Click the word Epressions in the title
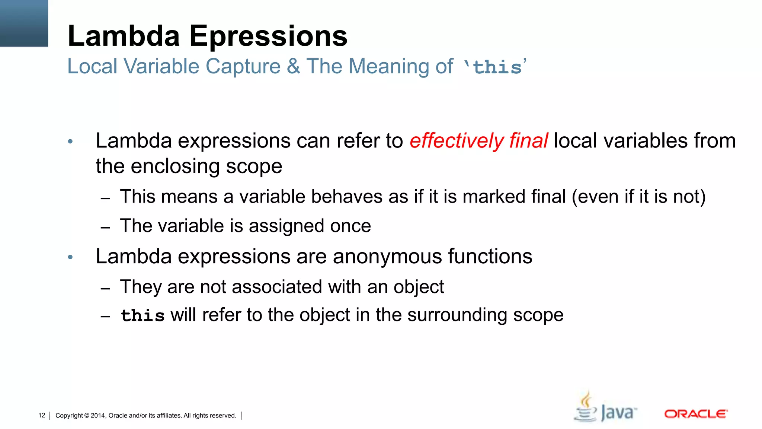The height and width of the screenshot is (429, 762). click(x=268, y=37)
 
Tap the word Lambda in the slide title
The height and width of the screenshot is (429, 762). click(x=124, y=36)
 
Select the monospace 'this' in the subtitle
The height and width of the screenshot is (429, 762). click(x=497, y=67)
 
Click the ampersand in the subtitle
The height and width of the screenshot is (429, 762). click(x=294, y=67)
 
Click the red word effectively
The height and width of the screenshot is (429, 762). click(x=457, y=141)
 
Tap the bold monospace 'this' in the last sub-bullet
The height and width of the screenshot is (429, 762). click(x=143, y=316)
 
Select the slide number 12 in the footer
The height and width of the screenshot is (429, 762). click(x=42, y=416)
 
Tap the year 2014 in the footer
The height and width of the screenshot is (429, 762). click(x=98, y=416)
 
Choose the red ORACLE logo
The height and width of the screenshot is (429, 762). click(x=696, y=414)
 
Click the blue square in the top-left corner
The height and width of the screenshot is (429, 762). click(x=24, y=23)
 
